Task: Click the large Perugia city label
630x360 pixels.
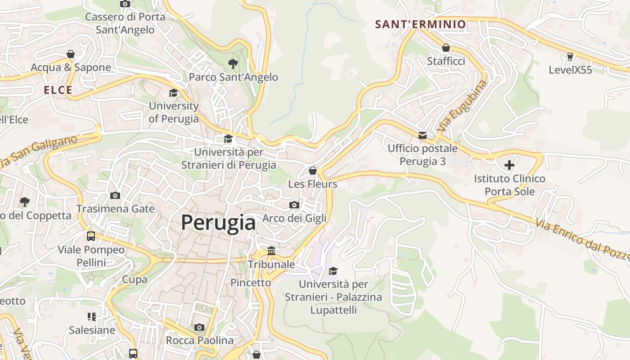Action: coord(218,222)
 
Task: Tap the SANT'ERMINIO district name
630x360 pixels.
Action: coord(420,24)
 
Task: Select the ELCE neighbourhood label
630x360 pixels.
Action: coord(58,90)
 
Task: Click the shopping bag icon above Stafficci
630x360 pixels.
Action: coord(446,48)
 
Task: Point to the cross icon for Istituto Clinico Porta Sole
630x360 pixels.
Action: coord(509,165)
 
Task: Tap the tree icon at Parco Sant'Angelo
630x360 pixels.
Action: coord(233,64)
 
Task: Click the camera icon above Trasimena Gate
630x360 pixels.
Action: coord(115,195)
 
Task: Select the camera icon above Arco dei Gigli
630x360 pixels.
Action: coord(294,205)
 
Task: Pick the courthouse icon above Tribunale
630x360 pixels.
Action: coord(271,251)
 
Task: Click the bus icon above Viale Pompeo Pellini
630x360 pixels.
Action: coord(91,236)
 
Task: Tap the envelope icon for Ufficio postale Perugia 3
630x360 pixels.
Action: coord(423,135)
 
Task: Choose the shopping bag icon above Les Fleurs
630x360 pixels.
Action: coord(313,171)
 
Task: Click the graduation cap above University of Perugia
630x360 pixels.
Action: coord(173,93)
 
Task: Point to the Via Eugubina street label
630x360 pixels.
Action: coord(462,106)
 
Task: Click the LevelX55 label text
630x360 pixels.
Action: coord(570,70)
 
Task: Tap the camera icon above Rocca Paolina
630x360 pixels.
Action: coord(199,327)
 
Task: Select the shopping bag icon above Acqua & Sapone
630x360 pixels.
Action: coord(71,54)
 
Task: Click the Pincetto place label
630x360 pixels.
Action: coord(251,283)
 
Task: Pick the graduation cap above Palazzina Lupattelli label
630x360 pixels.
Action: coord(333,271)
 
